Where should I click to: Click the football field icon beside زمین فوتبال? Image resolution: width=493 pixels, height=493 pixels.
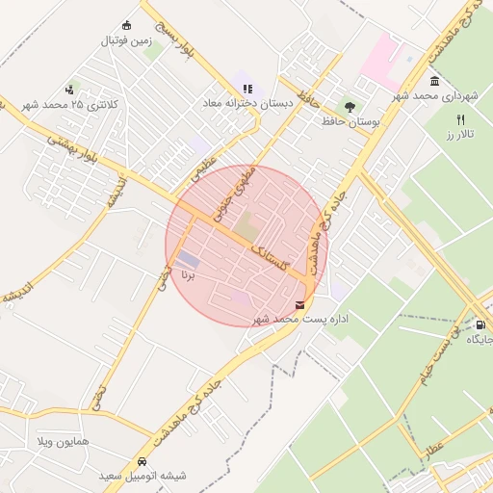[x=126, y=25]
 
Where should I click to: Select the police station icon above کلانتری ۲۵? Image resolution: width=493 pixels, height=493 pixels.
[x=68, y=89]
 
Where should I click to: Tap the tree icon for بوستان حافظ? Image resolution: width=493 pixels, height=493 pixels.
[x=350, y=108]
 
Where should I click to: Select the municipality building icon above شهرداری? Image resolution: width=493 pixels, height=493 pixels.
[x=435, y=81]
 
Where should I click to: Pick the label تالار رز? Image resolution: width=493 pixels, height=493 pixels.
[x=461, y=134]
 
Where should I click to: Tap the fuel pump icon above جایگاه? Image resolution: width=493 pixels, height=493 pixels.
[x=479, y=324]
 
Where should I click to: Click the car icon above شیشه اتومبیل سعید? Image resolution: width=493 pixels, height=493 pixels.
[x=143, y=461]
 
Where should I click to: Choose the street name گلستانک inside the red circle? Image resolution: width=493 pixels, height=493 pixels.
[x=273, y=258]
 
